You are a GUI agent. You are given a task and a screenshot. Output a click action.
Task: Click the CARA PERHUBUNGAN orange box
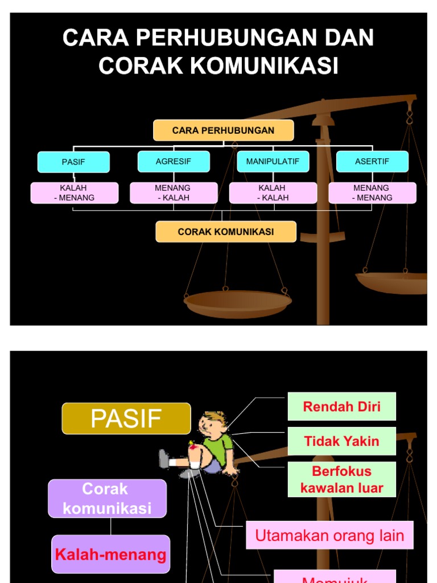(223, 130)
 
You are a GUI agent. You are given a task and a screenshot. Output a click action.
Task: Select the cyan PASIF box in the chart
(73, 162)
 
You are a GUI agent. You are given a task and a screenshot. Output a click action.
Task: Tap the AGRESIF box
(174, 162)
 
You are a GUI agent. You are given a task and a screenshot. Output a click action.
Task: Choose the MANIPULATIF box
(273, 162)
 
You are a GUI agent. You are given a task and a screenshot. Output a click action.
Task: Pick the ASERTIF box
(372, 162)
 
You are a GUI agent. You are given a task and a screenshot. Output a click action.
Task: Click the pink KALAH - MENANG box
(75, 193)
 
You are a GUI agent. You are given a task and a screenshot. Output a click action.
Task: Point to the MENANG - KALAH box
(174, 193)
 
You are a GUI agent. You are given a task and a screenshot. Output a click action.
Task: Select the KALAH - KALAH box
(273, 193)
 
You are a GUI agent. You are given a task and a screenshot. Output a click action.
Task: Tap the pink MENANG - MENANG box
(372, 193)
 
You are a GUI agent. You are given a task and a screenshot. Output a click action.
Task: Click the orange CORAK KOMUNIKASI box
(226, 232)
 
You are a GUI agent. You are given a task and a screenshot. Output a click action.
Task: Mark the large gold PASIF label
(126, 418)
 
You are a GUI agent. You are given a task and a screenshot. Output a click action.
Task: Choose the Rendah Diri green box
(341, 407)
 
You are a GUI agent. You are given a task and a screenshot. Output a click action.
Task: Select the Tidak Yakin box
(341, 441)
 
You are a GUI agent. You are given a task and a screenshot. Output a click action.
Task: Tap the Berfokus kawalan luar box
(341, 479)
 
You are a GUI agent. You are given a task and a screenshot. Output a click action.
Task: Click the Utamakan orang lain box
(329, 535)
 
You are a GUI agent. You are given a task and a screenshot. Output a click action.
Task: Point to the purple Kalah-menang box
(111, 554)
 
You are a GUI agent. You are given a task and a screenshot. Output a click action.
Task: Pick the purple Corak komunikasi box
(108, 498)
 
